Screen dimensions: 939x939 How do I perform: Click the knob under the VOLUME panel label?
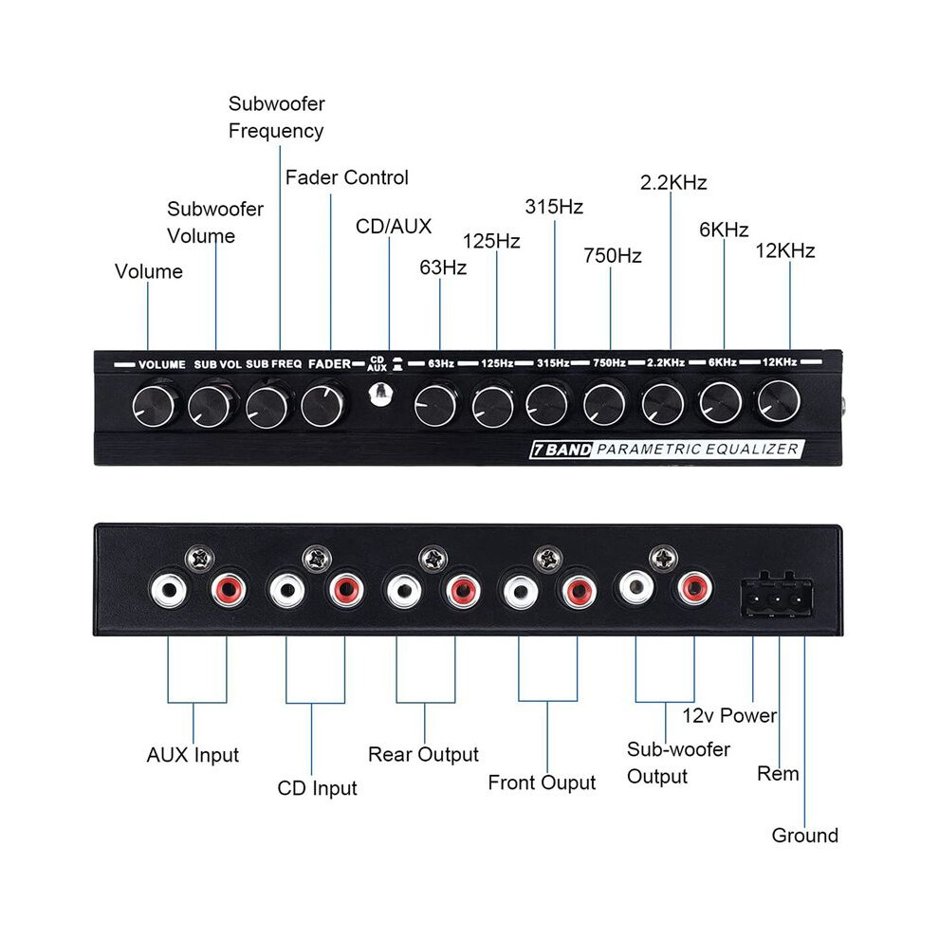[x=156, y=407]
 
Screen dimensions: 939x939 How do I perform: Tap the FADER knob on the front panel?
[x=322, y=405]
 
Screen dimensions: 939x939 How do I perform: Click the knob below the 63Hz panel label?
[x=435, y=405]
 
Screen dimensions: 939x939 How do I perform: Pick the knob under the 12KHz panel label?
[x=779, y=400]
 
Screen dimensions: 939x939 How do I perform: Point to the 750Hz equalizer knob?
[x=605, y=404]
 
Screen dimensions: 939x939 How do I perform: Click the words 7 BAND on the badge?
[x=562, y=450]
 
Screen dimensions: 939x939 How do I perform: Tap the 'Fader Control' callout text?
[x=347, y=177]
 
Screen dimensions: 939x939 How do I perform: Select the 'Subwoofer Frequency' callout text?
[x=277, y=117]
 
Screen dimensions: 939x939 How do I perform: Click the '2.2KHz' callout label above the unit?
[x=673, y=182]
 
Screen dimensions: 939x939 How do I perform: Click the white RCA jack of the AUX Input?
[x=169, y=591]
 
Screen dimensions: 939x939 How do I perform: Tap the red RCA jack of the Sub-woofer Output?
[x=694, y=588]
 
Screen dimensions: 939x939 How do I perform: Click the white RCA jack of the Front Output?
[x=521, y=592]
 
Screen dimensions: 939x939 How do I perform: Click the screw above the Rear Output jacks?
[x=433, y=560]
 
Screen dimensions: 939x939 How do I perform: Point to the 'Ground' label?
[x=805, y=836]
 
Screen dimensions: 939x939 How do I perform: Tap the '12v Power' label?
[x=730, y=715]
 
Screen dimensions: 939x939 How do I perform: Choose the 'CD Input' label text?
[x=318, y=788]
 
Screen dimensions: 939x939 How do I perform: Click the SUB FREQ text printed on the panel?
[x=274, y=364]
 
